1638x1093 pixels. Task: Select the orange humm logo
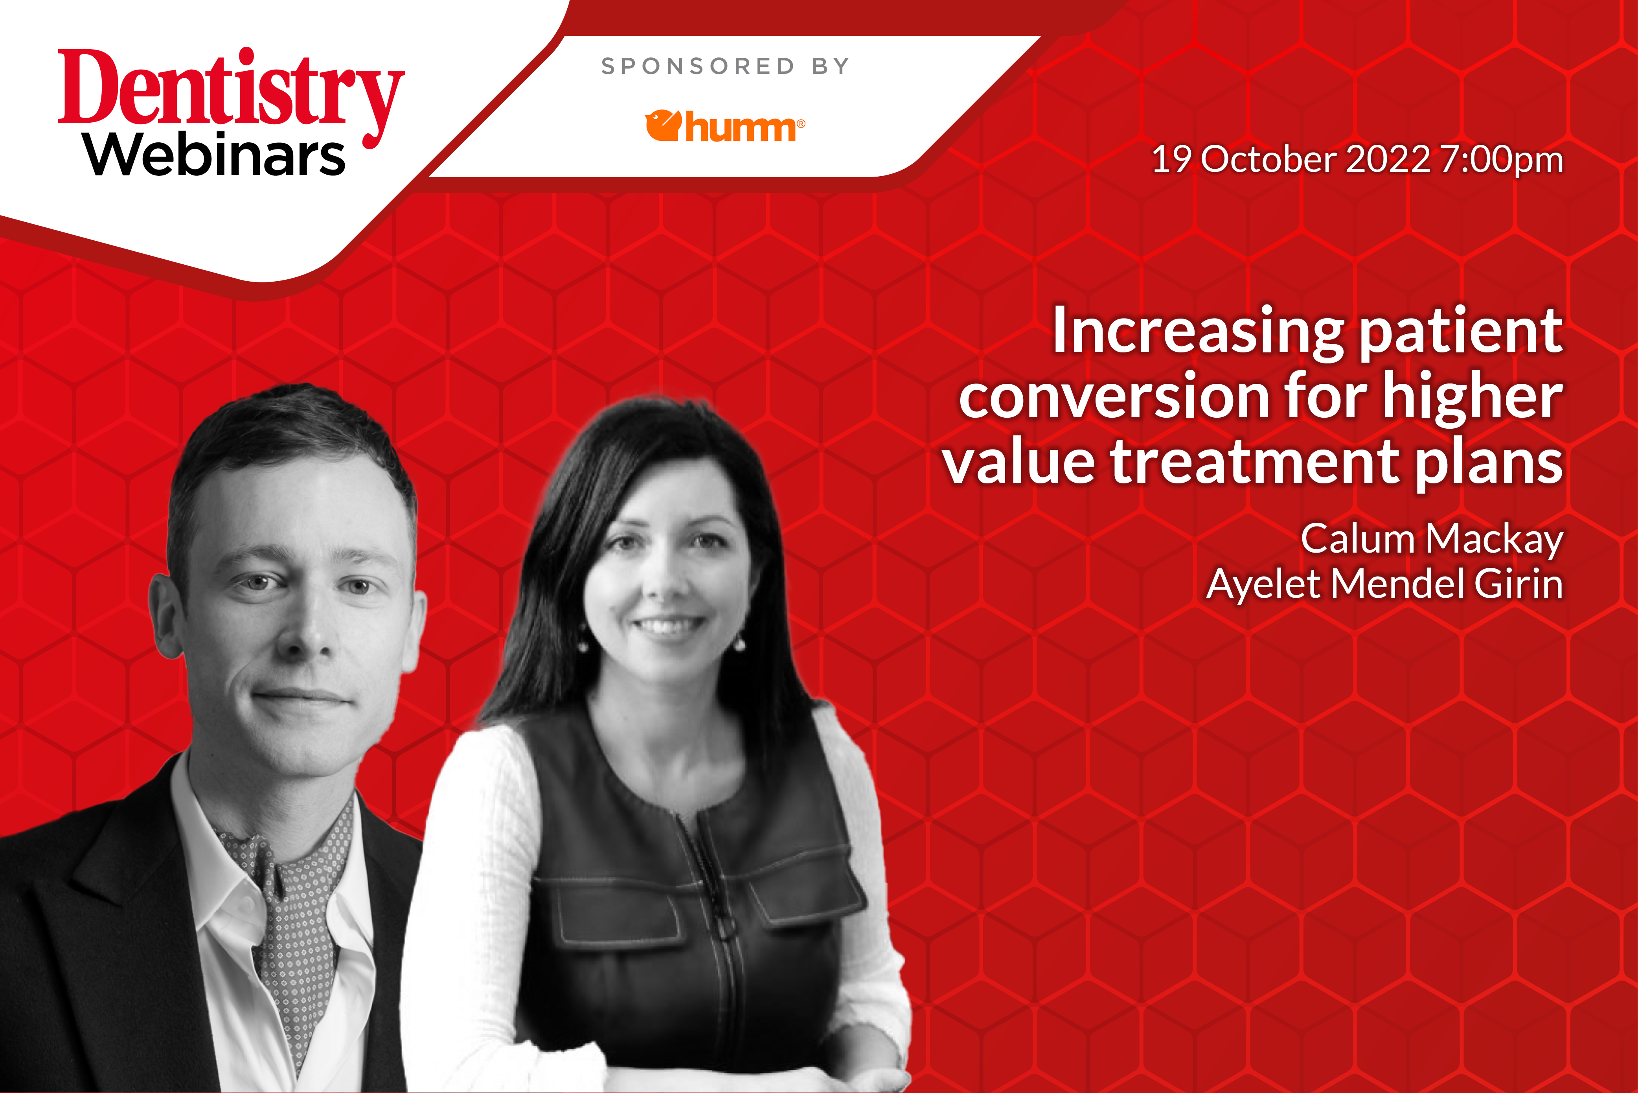tap(724, 126)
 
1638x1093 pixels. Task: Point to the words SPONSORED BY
tap(725, 66)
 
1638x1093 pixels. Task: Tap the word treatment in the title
tap(1254, 461)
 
